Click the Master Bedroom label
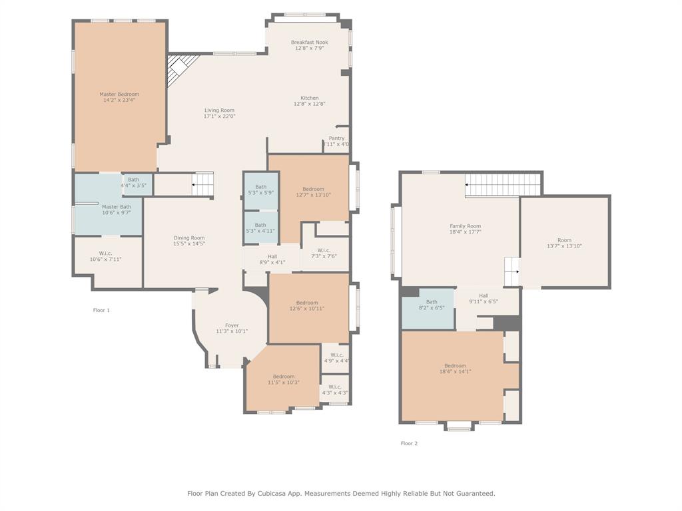(119, 94)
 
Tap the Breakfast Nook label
(309, 43)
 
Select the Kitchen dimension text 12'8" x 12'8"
(309, 104)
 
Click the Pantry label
(336, 138)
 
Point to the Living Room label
(219, 110)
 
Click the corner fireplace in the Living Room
(179, 68)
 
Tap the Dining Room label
(189, 238)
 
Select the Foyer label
(232, 325)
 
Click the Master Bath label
(117, 207)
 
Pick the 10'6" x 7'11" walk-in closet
(106, 256)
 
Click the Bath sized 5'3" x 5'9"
(260, 190)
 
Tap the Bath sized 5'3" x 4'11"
(260, 228)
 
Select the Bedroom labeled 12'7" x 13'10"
(313, 192)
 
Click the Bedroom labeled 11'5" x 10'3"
(284, 379)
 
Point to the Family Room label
(465, 226)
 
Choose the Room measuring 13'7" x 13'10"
(564, 243)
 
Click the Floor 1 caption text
(101, 310)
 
